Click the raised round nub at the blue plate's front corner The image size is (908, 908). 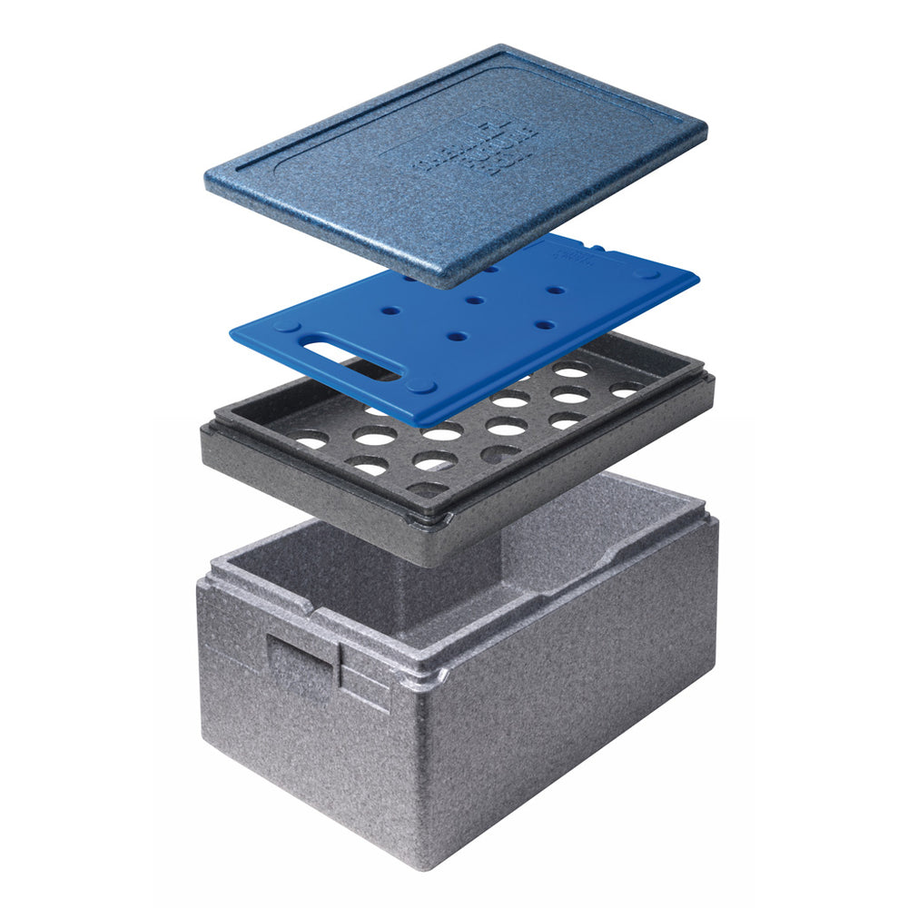(x=419, y=387)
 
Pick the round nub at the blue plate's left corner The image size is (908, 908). (x=283, y=325)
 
